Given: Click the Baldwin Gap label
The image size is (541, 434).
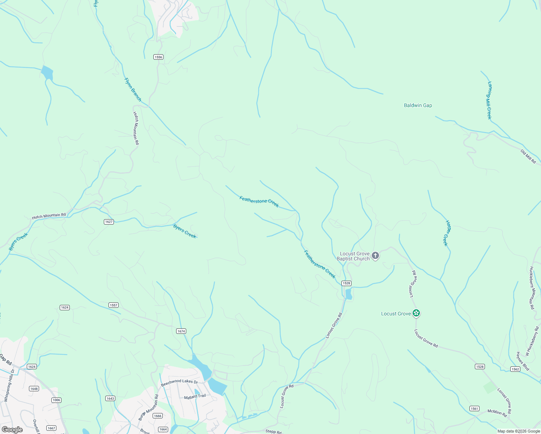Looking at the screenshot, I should pyautogui.click(x=418, y=105).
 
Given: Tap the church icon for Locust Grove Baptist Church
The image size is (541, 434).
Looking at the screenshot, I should pyautogui.click(x=375, y=256).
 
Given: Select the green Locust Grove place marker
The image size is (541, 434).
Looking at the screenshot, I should pyautogui.click(x=416, y=313).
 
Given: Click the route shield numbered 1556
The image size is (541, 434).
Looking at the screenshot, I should pyautogui.click(x=158, y=57).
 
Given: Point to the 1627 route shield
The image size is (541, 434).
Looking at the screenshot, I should pyautogui.click(x=109, y=222).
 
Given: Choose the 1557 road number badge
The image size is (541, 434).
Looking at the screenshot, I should pyautogui.click(x=114, y=305).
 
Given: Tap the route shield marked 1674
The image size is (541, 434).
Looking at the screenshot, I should pyautogui.click(x=181, y=331).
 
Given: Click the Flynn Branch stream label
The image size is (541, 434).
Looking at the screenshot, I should pyautogui.click(x=133, y=89).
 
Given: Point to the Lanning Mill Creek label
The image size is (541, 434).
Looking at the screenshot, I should pyautogui.click(x=489, y=100).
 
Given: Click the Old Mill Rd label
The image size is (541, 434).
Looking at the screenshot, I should pyautogui.click(x=528, y=156).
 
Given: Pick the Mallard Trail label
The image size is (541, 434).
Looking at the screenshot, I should pyautogui.click(x=195, y=396).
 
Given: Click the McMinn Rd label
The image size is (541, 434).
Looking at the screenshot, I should pyautogui.click(x=497, y=413).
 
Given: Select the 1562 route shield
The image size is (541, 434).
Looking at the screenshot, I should pyautogui.click(x=515, y=369).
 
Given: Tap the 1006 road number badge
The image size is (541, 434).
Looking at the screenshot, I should pyautogui.click(x=56, y=400).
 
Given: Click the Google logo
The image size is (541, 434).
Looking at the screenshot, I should pyautogui.click(x=12, y=430).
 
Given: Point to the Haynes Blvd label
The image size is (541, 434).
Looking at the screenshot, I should pyautogui.click(x=523, y=361).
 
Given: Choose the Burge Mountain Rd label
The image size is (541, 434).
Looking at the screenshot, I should pyautogui.click(x=148, y=407).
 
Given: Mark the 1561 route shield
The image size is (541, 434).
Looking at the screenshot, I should pyautogui.click(x=474, y=409).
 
